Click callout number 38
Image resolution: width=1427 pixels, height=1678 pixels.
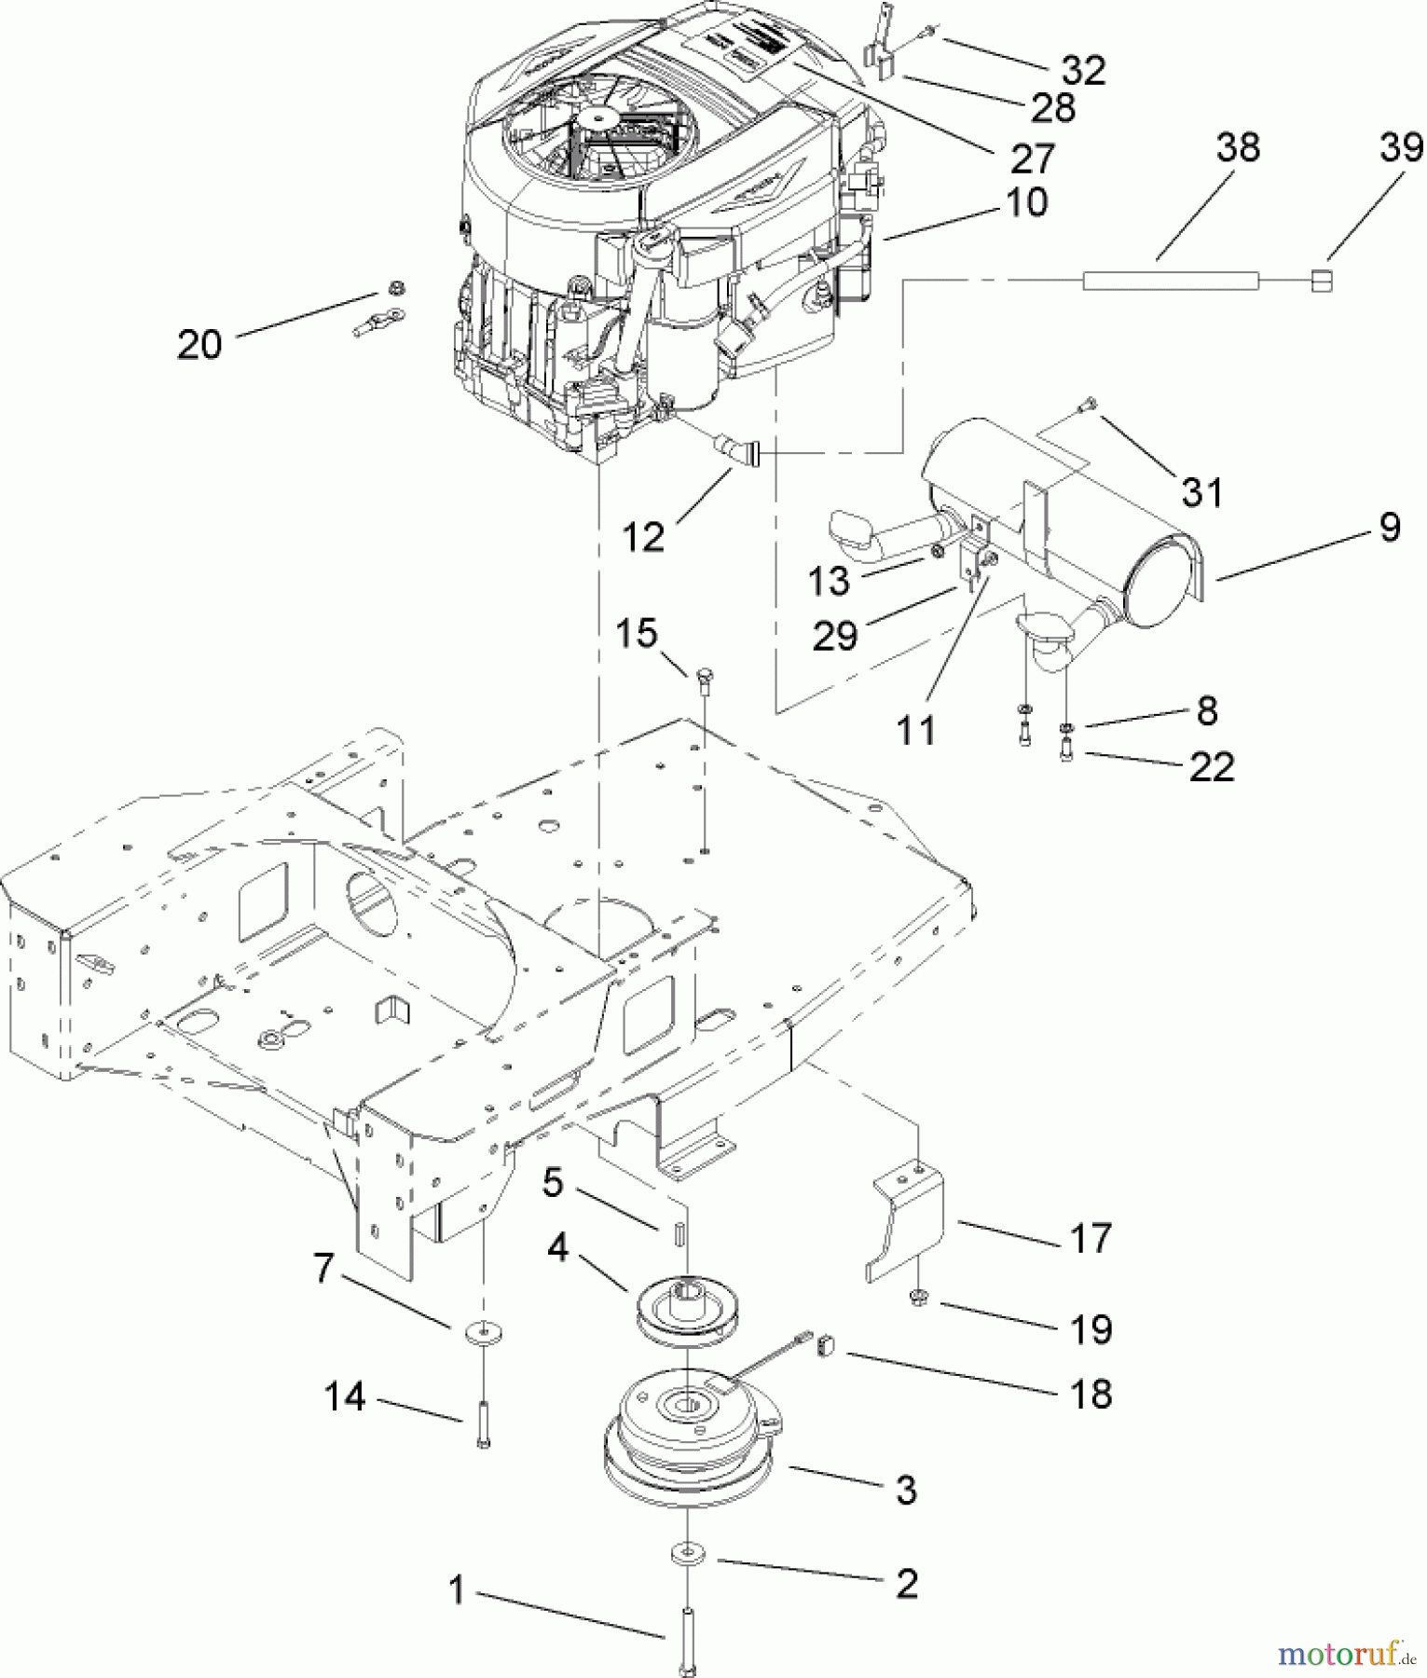tap(1237, 147)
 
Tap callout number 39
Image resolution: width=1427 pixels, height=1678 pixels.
tap(1401, 147)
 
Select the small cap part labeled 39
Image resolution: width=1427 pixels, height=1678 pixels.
tap(1321, 280)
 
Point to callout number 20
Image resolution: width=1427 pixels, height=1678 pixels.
tap(199, 345)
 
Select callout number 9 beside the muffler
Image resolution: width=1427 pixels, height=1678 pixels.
tap(1389, 528)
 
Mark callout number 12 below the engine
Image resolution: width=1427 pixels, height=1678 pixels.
tap(644, 536)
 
